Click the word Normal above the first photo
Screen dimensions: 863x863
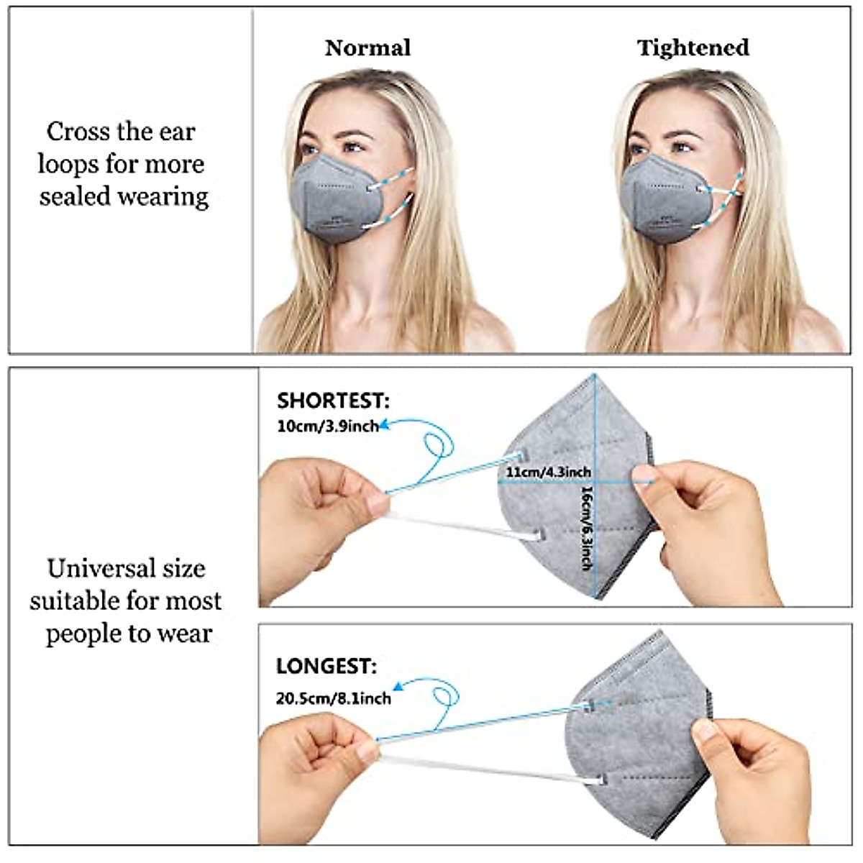tap(367, 48)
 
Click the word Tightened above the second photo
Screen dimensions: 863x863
tap(693, 48)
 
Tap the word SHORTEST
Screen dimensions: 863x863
tap(332, 401)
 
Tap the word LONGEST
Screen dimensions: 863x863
tap(326, 667)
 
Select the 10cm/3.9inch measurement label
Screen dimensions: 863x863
tap(327, 426)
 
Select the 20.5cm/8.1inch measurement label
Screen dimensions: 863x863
tap(333, 698)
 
